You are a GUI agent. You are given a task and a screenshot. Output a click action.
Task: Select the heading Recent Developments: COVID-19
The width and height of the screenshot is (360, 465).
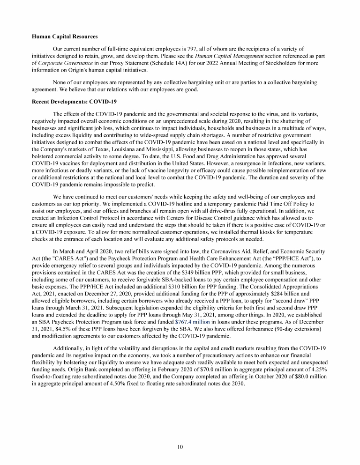[74, 101]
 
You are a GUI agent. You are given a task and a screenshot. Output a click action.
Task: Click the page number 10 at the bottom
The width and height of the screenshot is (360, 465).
[180, 447]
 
